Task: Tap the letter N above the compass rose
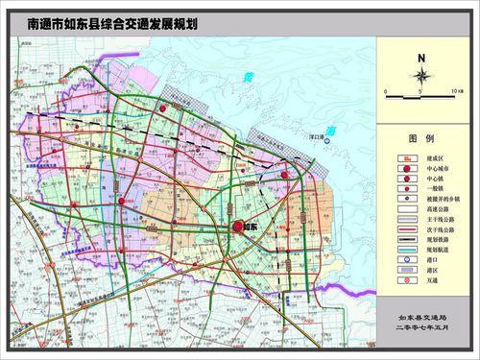[420, 57]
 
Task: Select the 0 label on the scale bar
[384, 91]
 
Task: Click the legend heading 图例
[421, 138]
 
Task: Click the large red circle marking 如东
[237, 227]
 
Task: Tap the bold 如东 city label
[252, 227]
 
